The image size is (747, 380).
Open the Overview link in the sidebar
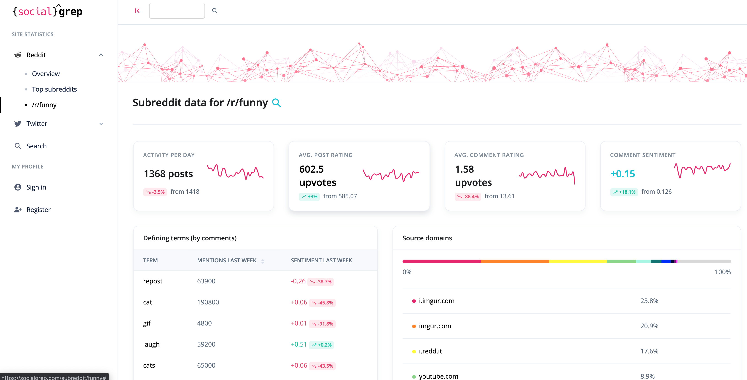[x=46, y=74]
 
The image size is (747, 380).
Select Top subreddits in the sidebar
[x=54, y=89]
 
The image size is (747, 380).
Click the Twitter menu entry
[x=37, y=124]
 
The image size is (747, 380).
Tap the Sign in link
[x=36, y=187]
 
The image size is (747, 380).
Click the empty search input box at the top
[x=177, y=11]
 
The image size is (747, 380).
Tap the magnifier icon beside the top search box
[x=215, y=11]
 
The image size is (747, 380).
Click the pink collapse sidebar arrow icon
[x=137, y=11]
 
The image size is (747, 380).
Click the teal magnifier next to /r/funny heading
[x=276, y=103]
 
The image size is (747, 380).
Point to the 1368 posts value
[x=168, y=174]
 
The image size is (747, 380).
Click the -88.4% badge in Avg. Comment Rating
[x=468, y=197]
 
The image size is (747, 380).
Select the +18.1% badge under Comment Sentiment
[x=624, y=192]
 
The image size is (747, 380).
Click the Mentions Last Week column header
[x=227, y=261]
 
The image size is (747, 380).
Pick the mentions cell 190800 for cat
[x=208, y=302]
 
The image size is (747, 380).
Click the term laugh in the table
[x=151, y=344]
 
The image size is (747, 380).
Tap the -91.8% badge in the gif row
[x=322, y=324]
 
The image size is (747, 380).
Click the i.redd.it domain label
[x=430, y=351]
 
